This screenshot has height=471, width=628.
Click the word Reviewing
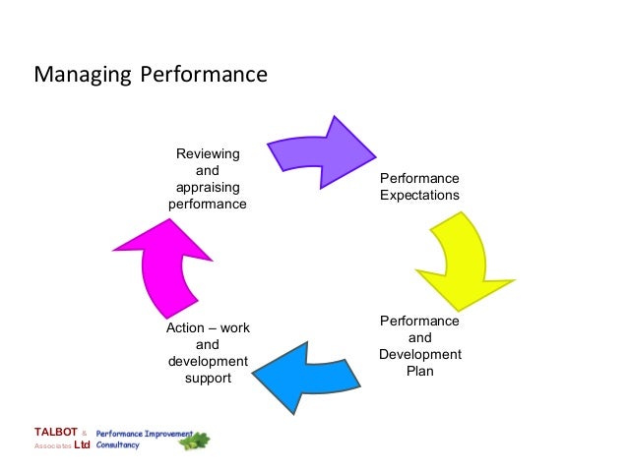(x=207, y=154)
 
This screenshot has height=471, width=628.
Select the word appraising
(x=207, y=188)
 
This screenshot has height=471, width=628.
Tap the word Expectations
(x=419, y=195)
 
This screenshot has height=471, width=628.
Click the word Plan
(x=419, y=372)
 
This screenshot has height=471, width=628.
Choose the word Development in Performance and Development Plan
(x=419, y=354)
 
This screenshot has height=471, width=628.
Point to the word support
(x=208, y=378)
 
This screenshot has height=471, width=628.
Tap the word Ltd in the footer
(x=83, y=445)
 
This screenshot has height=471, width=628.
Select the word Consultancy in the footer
(x=118, y=445)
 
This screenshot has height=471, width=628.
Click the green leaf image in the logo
(x=194, y=441)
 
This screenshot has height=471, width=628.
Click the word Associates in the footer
(x=53, y=445)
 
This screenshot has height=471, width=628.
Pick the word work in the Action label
(x=235, y=327)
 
